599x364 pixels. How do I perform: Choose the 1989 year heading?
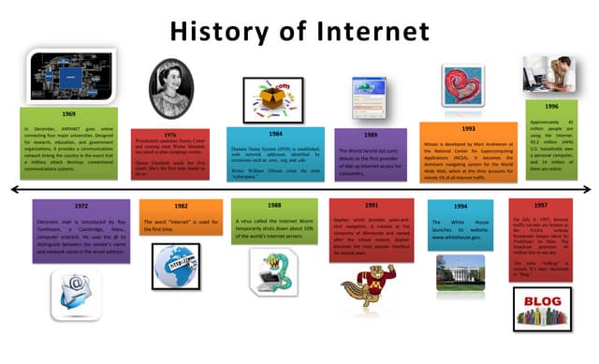(x=372, y=135)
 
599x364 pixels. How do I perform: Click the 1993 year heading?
(x=468, y=127)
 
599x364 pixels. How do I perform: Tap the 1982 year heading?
(x=181, y=205)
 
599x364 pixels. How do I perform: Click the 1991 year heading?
(x=372, y=204)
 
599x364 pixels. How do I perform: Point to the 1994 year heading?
(x=460, y=205)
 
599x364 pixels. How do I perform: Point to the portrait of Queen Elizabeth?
(x=166, y=87)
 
